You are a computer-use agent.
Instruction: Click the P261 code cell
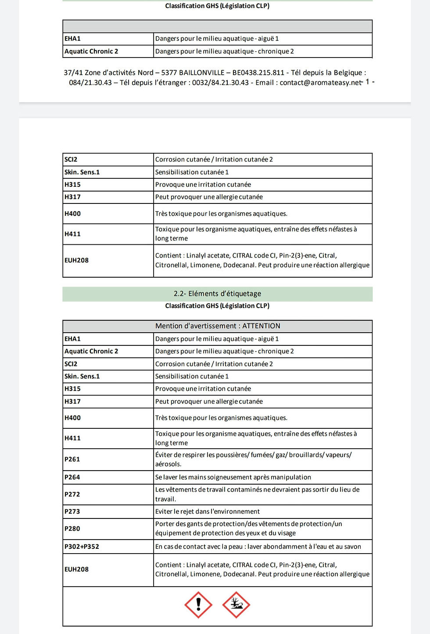point(72,459)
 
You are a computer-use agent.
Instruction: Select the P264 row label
point(72,477)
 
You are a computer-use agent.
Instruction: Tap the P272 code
point(72,494)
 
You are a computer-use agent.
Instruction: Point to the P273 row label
point(72,511)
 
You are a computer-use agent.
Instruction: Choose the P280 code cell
point(72,529)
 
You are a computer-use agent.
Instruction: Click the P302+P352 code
point(82,547)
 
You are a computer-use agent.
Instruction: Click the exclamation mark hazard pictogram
point(198,605)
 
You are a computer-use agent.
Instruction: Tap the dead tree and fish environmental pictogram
point(236,605)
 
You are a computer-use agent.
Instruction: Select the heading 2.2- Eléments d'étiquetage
point(217,293)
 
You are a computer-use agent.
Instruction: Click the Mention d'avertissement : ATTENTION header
point(218,326)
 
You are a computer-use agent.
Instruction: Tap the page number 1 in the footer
point(367,82)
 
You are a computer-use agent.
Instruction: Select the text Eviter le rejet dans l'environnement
point(208,511)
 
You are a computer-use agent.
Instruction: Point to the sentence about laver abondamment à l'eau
point(258,547)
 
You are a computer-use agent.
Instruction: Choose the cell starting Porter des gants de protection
point(248,528)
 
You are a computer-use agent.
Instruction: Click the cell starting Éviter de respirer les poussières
point(253,459)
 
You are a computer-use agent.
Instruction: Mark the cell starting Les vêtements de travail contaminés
point(257,494)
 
